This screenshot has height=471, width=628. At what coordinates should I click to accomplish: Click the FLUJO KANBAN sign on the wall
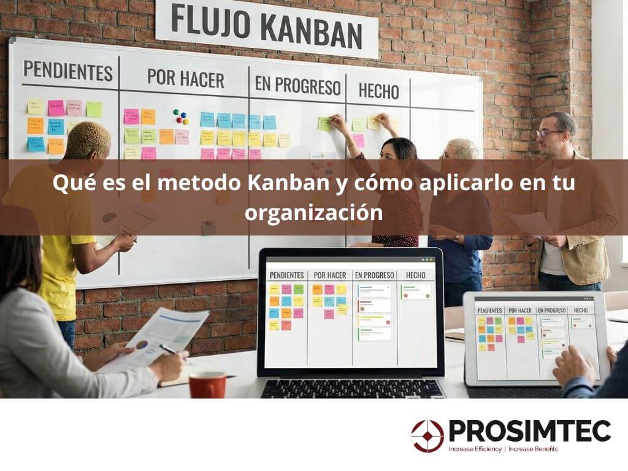[x=266, y=27]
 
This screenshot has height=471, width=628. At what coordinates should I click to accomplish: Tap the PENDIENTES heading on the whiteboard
[x=68, y=71]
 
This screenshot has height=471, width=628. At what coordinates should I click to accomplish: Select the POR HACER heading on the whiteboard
[x=185, y=78]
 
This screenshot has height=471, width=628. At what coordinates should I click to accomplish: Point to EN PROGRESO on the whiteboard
[x=297, y=86]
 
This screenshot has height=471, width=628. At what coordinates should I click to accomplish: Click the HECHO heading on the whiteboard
[x=378, y=91]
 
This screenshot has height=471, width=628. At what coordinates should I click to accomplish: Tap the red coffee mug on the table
[x=207, y=385]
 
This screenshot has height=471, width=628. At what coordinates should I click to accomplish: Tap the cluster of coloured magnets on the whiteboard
[x=180, y=116]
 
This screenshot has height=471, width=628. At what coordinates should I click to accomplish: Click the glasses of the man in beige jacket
[x=548, y=132]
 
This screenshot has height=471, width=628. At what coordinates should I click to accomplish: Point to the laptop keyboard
[x=353, y=388]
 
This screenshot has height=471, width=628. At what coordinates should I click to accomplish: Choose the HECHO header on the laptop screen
[x=415, y=275]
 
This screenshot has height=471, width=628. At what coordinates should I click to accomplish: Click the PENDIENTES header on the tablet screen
[x=490, y=310]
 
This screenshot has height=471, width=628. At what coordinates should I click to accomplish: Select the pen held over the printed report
[x=167, y=349]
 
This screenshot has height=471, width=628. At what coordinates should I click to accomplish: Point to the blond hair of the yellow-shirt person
[x=88, y=138]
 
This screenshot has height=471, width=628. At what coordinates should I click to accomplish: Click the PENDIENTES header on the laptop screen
[x=286, y=275]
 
